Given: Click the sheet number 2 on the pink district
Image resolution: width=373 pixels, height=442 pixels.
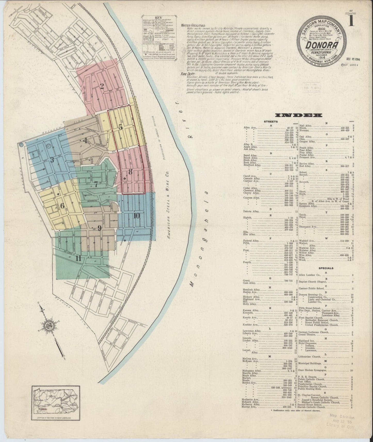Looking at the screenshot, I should click(102, 87).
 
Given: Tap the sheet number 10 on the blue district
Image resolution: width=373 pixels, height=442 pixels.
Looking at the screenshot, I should click(137, 216).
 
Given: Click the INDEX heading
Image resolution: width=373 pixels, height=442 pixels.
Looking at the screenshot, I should click(299, 115).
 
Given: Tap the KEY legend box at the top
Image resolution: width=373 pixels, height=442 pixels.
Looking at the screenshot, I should click(158, 39).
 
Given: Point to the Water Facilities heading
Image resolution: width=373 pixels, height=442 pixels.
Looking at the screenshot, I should click(193, 26).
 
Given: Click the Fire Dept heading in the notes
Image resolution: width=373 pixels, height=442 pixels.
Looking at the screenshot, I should click(188, 73).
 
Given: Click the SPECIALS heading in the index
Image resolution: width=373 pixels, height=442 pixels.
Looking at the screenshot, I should click(326, 268).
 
